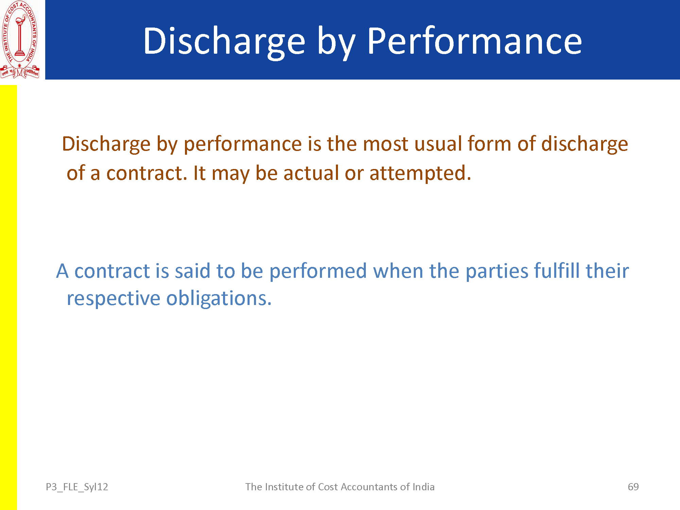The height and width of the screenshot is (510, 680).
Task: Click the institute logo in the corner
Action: click(20, 40)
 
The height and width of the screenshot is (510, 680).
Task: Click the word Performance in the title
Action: click(475, 41)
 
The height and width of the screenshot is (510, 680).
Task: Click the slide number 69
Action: click(633, 487)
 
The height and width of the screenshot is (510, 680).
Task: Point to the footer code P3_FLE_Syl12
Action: click(77, 487)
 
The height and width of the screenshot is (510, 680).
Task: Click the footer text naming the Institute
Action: click(340, 487)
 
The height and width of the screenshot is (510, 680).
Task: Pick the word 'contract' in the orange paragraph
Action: click(147, 173)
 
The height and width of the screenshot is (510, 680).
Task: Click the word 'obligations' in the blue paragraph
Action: click(219, 299)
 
